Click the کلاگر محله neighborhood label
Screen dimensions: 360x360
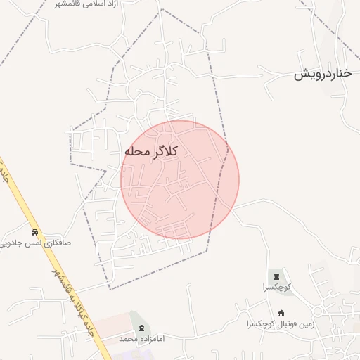(x=151, y=151)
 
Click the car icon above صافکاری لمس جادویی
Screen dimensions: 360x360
(x=33, y=232)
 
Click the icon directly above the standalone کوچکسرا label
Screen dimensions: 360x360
(x=276, y=275)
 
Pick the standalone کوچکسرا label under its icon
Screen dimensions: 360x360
(x=276, y=287)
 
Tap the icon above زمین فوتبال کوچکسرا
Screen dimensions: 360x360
(x=281, y=313)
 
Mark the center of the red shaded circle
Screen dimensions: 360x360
(x=180, y=179)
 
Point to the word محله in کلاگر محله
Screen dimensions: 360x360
(x=136, y=151)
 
